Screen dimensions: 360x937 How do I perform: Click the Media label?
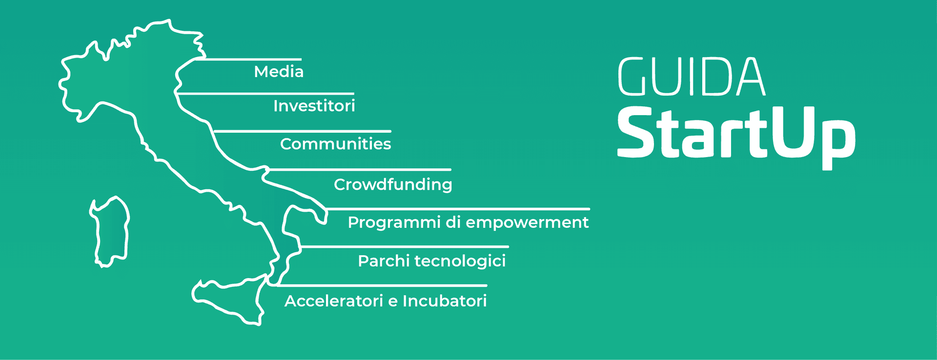tap(279, 72)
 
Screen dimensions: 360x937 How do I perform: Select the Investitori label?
tap(314, 106)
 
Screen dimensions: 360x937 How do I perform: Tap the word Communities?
tap(335, 144)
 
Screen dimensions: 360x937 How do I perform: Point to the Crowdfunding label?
tap(393, 184)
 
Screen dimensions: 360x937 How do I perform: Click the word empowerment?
tap(527, 222)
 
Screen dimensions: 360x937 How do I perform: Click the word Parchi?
tap(384, 261)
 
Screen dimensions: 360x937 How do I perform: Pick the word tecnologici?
tap(460, 261)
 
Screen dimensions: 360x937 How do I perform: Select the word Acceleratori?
tap(334, 301)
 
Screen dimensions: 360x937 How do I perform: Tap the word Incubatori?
tap(445, 301)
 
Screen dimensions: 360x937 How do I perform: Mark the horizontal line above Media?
tap(249, 59)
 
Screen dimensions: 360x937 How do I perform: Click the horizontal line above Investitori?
tap(266, 93)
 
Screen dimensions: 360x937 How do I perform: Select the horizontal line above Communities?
tap(303, 131)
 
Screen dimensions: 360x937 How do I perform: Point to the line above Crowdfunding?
tap(359, 170)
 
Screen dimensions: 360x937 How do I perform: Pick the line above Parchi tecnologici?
tap(405, 247)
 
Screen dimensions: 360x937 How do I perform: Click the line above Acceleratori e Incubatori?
tap(383, 285)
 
